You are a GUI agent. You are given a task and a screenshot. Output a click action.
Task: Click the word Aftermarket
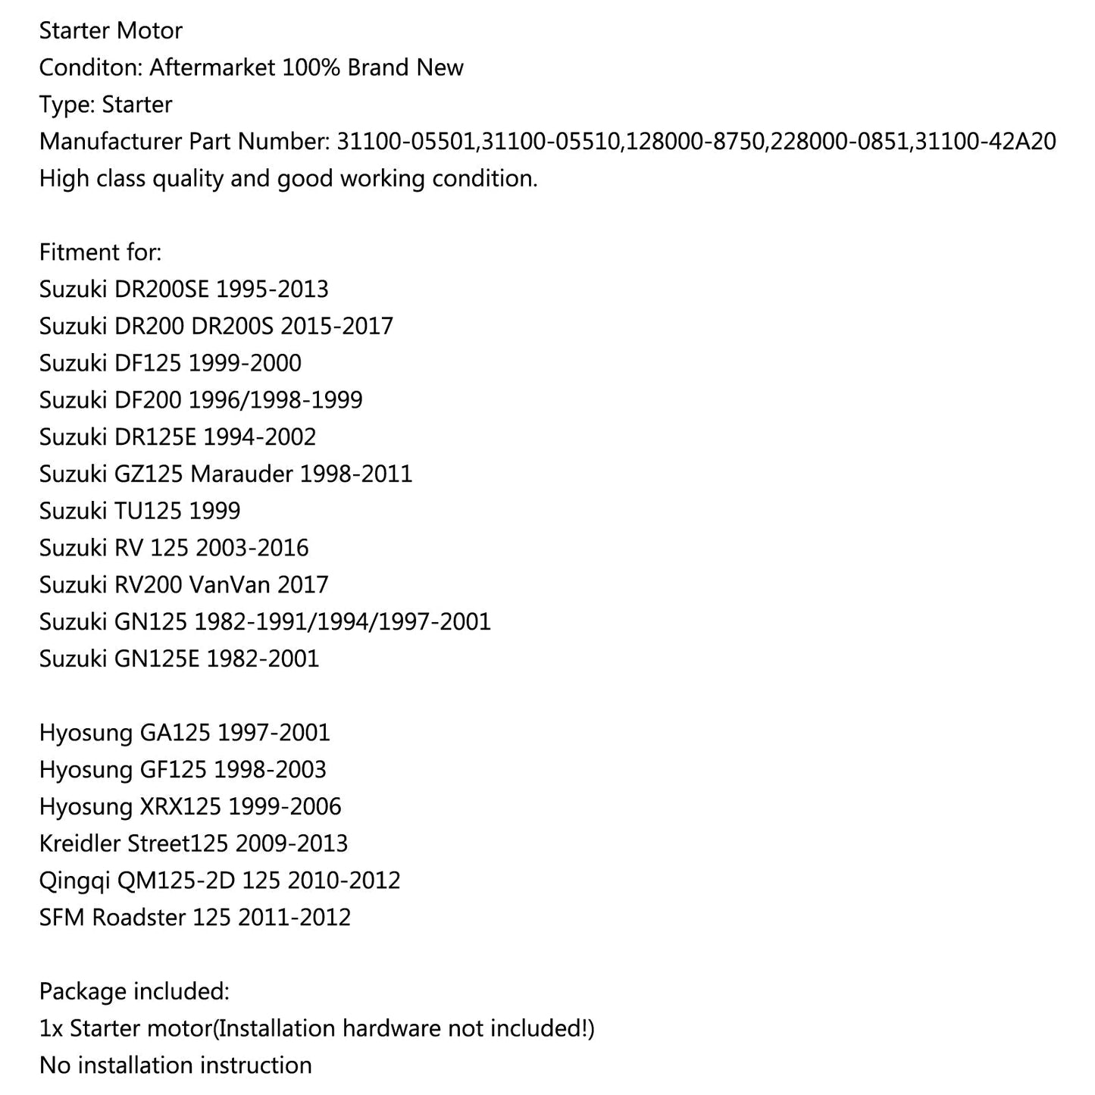pyautogui.click(x=211, y=67)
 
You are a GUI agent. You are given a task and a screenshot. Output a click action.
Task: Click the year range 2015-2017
pyautogui.click(x=336, y=327)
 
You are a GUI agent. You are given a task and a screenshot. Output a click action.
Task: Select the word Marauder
pyautogui.click(x=242, y=474)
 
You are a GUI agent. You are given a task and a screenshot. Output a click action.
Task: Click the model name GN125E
pyautogui.click(x=157, y=659)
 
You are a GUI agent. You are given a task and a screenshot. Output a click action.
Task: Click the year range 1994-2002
pyautogui.click(x=259, y=437)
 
